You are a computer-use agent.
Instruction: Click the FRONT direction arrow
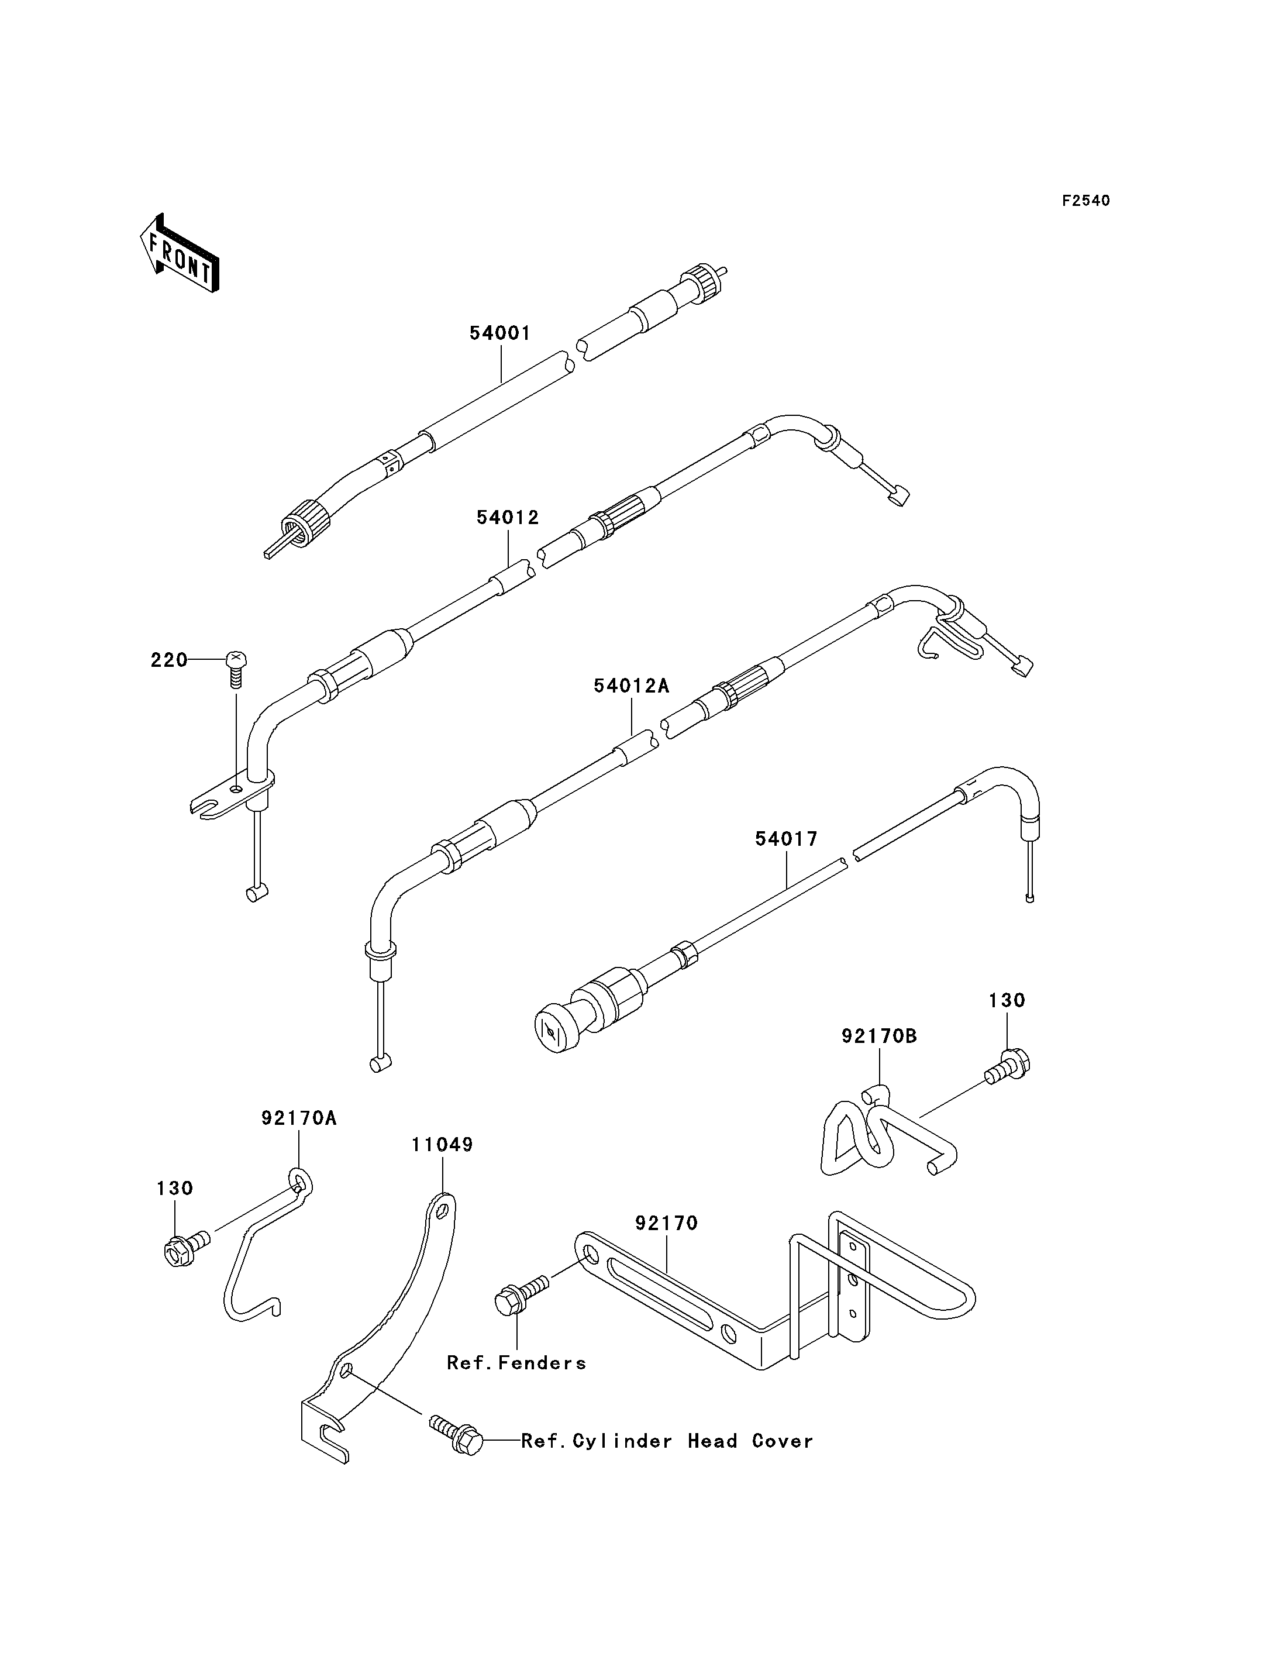pos(180,253)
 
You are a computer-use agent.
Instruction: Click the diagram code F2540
pos(1086,201)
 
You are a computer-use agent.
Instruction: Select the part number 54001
pos(500,333)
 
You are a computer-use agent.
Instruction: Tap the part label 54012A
pos(631,686)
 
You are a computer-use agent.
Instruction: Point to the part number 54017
pos(786,839)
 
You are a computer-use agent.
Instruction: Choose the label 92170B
pos(879,1036)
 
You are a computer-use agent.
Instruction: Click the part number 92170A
pos(298,1118)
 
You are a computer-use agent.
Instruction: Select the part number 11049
pos(443,1166)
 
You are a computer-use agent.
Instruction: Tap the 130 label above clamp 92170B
pos(1007,1000)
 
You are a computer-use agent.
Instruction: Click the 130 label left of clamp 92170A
pos(175,1189)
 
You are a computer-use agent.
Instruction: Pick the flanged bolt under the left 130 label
pos(186,1247)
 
